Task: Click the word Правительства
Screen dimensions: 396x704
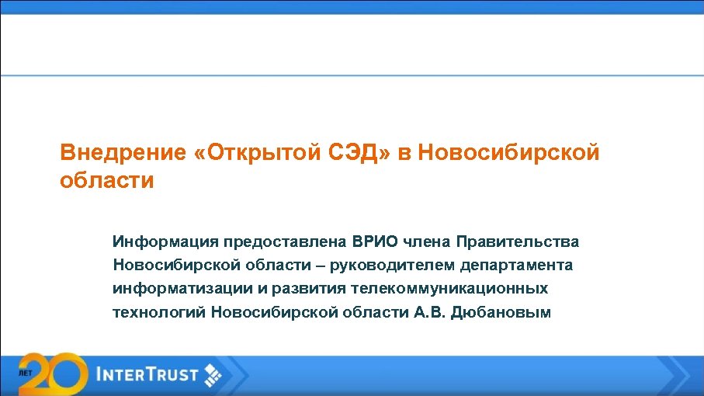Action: (518, 242)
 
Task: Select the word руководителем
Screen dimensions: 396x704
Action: (392, 266)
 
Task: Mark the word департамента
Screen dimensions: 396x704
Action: (516, 266)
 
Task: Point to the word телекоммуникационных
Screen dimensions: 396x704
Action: (449, 289)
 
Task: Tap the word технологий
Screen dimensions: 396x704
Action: (158, 312)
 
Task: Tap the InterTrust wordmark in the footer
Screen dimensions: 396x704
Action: (147, 375)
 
